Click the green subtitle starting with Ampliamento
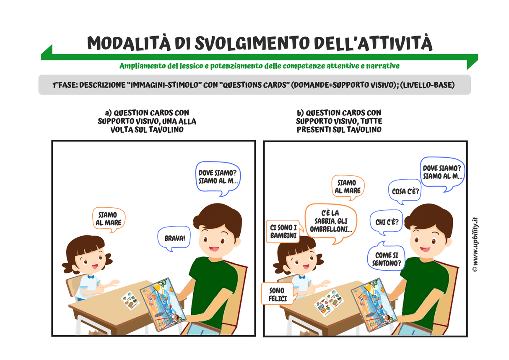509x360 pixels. (x=259, y=66)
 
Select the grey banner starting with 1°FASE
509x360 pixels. (x=254, y=85)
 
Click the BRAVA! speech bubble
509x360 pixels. (x=174, y=238)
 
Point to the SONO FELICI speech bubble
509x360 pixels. (x=277, y=294)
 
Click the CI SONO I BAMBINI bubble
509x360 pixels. (x=283, y=231)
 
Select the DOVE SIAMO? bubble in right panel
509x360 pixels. (x=443, y=172)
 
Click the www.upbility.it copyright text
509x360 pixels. (x=475, y=244)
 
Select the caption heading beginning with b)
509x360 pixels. (x=339, y=121)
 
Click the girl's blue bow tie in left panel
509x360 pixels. (x=91, y=277)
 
